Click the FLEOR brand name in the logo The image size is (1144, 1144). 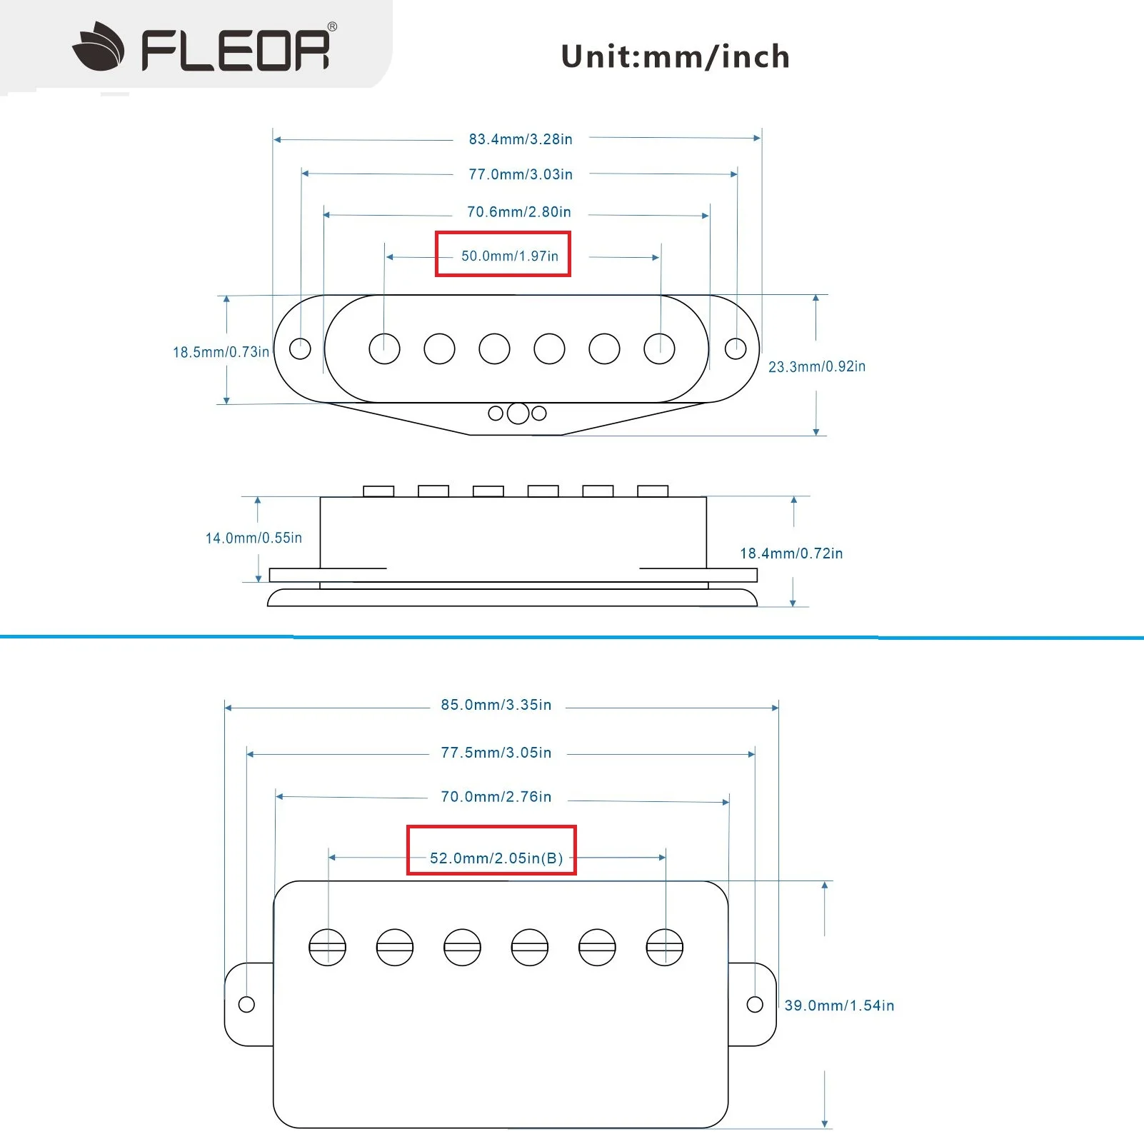(236, 50)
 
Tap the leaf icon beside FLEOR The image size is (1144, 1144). (99, 48)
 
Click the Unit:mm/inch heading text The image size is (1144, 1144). (675, 56)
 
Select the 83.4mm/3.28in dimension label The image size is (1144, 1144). (521, 139)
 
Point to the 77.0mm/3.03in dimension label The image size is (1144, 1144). (521, 174)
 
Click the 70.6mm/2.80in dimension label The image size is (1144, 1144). (519, 212)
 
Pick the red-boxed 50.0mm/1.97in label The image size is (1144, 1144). (509, 256)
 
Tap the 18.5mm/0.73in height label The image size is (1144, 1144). (221, 352)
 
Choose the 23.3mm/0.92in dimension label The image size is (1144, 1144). (817, 366)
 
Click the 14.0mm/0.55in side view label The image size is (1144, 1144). (254, 538)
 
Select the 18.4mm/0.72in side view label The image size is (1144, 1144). (791, 553)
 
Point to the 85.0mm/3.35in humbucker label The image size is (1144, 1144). (496, 705)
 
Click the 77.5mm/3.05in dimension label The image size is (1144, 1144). (496, 753)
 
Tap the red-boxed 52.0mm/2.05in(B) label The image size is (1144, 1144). (496, 858)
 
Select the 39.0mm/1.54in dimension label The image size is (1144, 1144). (839, 1005)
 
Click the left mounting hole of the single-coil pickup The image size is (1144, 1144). (300, 348)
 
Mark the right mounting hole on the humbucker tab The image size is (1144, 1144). (755, 1004)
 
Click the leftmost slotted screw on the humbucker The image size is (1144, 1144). (327, 948)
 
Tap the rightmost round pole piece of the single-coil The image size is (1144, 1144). (659, 348)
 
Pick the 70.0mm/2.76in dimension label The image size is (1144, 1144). (496, 797)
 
